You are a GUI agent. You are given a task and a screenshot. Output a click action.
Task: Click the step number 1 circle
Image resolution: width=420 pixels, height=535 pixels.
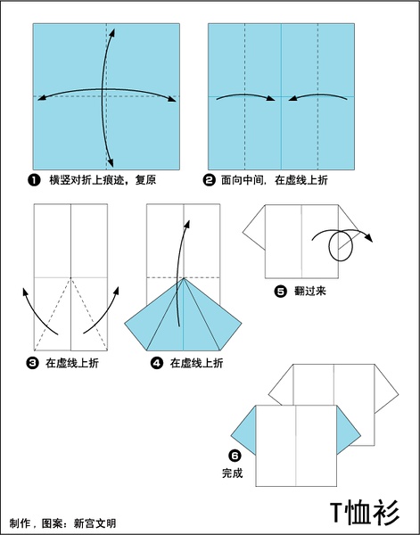[34, 180]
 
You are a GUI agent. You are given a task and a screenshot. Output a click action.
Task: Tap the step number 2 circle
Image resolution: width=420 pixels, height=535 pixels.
[210, 180]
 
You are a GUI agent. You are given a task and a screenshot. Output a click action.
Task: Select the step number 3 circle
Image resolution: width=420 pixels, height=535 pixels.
[32, 363]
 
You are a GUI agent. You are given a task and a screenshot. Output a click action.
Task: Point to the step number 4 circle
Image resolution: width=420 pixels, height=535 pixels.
[157, 363]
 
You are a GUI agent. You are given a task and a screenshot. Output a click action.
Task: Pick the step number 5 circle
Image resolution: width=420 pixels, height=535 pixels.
[281, 292]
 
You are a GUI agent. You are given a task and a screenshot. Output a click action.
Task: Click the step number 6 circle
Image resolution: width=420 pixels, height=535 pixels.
[235, 455]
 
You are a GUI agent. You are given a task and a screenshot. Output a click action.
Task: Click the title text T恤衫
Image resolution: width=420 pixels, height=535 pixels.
[365, 514]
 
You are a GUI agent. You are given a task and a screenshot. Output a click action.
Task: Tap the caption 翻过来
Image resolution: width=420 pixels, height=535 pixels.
[310, 292]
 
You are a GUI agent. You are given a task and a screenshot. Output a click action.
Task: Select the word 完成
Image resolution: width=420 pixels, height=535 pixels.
[233, 473]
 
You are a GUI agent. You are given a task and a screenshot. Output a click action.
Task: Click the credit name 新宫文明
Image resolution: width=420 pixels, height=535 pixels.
[95, 523]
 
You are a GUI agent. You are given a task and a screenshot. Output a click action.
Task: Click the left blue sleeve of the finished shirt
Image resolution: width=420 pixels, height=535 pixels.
[243, 431]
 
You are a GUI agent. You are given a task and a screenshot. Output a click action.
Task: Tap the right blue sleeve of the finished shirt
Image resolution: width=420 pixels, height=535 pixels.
[349, 431]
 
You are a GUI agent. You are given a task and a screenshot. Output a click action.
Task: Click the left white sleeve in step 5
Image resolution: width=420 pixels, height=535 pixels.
[254, 227]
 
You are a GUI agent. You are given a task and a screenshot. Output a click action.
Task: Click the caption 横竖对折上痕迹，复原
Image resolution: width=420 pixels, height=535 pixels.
[103, 180]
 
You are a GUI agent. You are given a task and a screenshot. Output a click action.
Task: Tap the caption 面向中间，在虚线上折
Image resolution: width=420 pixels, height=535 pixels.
[275, 180]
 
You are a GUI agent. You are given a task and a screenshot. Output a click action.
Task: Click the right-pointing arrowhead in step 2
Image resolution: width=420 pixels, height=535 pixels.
[270, 99]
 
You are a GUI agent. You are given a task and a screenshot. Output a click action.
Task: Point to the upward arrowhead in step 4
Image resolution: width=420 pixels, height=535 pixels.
[187, 224]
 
